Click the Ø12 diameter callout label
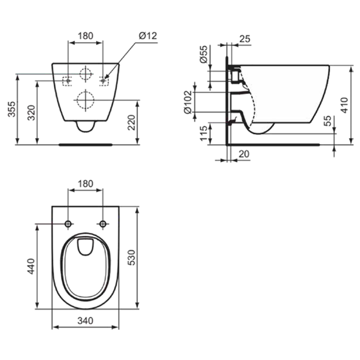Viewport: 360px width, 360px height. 148,36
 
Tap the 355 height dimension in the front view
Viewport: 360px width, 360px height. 12,109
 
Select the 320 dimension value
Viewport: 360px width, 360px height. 31,113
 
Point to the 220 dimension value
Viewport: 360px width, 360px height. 132,122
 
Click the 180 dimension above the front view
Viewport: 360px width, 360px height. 85,36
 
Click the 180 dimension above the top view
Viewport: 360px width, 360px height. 85,184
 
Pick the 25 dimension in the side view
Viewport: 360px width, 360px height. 244,39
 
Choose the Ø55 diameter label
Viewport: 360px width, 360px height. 204,54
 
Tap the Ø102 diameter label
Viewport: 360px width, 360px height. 188,102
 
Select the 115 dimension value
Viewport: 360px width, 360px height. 204,133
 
